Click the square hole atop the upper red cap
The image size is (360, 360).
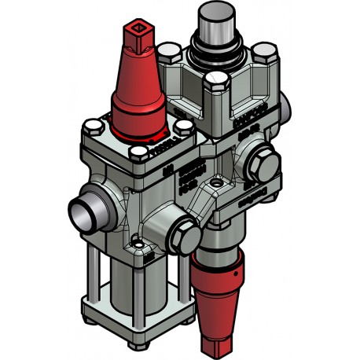tap(138, 35)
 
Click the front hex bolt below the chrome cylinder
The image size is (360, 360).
tap(214, 82)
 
